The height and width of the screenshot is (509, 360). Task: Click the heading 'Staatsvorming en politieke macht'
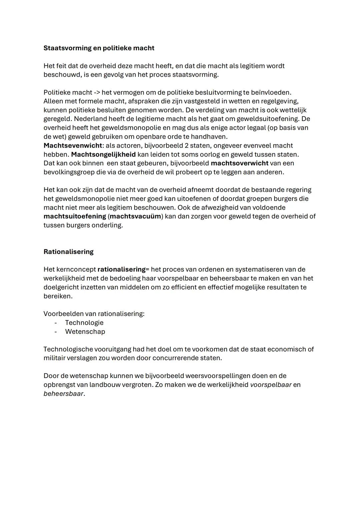coord(99,48)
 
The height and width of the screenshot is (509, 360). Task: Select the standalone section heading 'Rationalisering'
coord(68,252)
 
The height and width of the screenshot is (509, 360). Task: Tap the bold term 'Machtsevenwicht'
coord(73,146)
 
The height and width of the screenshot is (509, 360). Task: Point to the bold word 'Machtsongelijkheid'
coord(103,154)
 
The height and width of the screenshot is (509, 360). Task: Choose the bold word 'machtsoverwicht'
coord(239,163)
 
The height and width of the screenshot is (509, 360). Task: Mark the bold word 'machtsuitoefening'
coord(75,216)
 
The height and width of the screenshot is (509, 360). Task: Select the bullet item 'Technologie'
coord(84,323)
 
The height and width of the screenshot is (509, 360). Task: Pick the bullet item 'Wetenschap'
coord(85,332)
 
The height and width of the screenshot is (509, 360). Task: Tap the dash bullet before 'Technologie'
coord(56,323)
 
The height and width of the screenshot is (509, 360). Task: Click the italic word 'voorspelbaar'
coord(271,385)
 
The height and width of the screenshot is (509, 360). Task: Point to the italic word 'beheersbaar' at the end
coord(63,394)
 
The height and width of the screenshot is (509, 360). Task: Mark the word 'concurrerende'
coord(176,358)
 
